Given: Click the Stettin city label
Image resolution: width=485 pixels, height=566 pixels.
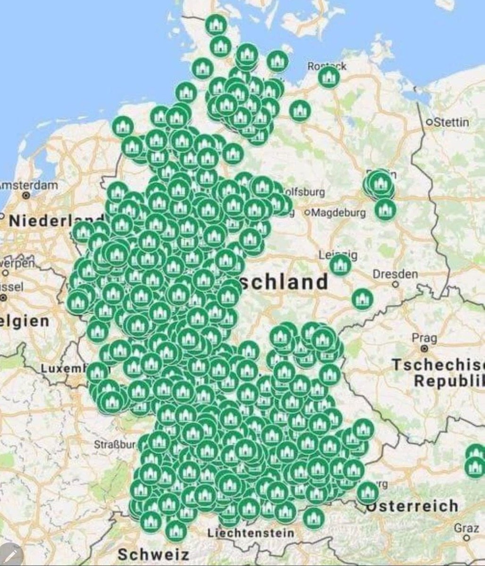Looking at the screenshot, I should [x=451, y=122].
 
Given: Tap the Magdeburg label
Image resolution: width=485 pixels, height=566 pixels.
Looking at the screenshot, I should [x=338, y=213].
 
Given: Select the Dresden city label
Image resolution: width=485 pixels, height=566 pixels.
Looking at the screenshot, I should [x=395, y=274].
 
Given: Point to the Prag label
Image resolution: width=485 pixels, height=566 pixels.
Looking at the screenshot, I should [x=424, y=338].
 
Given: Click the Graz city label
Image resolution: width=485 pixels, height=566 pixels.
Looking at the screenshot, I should [x=466, y=528].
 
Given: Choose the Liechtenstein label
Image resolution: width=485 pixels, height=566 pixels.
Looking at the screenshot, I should [x=251, y=533].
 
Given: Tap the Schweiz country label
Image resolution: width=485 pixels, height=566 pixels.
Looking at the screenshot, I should [x=153, y=555].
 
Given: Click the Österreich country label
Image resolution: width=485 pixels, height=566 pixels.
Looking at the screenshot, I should [x=412, y=506].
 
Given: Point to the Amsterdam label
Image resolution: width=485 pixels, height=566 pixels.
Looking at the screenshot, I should [x=28, y=185].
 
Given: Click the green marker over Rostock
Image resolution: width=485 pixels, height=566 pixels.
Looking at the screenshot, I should [x=328, y=76].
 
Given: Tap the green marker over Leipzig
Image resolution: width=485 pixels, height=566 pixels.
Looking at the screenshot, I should [x=340, y=265].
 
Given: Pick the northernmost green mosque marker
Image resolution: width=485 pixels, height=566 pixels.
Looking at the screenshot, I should [x=216, y=25].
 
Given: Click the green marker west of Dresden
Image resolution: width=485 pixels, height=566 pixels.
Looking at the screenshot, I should [x=362, y=299].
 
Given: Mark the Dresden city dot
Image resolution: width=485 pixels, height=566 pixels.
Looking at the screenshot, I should [x=395, y=284].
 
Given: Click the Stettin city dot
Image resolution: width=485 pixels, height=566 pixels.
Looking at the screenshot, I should [x=429, y=123].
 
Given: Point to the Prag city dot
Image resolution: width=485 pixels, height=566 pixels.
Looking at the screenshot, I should [x=425, y=348].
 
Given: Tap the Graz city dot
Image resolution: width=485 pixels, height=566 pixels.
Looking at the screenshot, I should [x=466, y=537].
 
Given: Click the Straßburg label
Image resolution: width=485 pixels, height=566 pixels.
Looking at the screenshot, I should [x=116, y=444].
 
